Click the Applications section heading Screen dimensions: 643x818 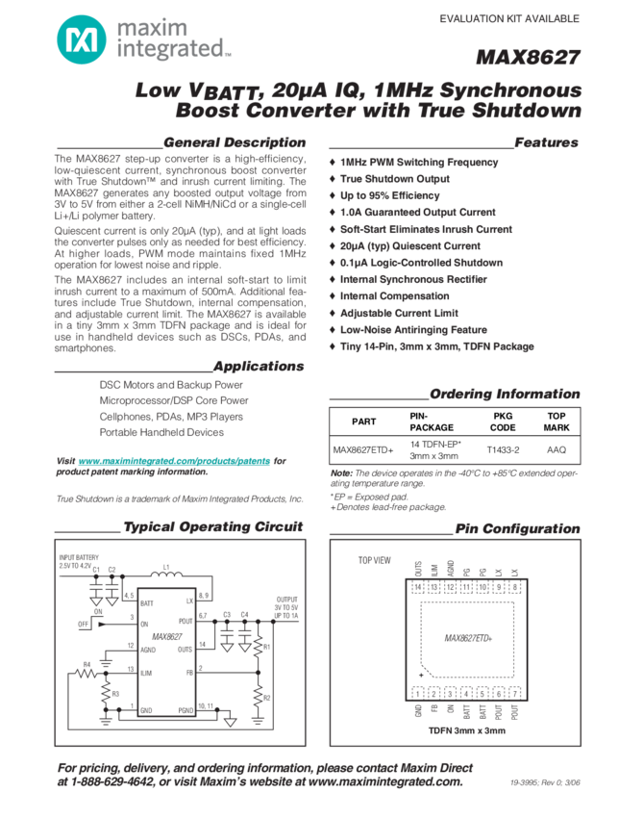coord(258,367)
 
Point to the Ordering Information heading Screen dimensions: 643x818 coord(504,395)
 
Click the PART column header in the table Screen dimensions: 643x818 coord(363,422)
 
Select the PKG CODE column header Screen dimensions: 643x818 coord(503,422)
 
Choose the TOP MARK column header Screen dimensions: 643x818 coord(556,422)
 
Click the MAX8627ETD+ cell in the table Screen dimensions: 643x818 coord(363,449)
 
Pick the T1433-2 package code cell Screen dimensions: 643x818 coord(503,449)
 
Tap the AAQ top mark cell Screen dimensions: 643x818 coord(556,449)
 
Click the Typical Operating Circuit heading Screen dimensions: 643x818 coord(212,526)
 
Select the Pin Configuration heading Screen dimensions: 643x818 coord(517,530)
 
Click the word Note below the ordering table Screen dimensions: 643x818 coord(340,473)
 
